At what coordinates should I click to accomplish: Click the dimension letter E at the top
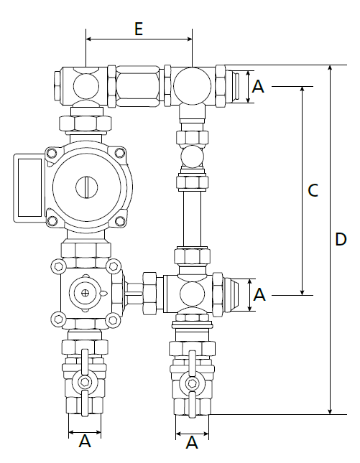(139, 29)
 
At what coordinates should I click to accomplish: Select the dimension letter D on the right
(341, 239)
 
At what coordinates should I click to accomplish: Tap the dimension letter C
(313, 190)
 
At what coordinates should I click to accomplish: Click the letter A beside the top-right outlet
(258, 87)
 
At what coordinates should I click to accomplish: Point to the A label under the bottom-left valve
(85, 441)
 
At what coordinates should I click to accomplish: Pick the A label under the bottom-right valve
(192, 442)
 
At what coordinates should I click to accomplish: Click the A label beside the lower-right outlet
(259, 295)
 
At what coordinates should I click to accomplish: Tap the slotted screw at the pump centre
(87, 187)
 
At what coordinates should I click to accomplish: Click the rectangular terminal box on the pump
(29, 188)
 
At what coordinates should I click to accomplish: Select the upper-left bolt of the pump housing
(52, 153)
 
